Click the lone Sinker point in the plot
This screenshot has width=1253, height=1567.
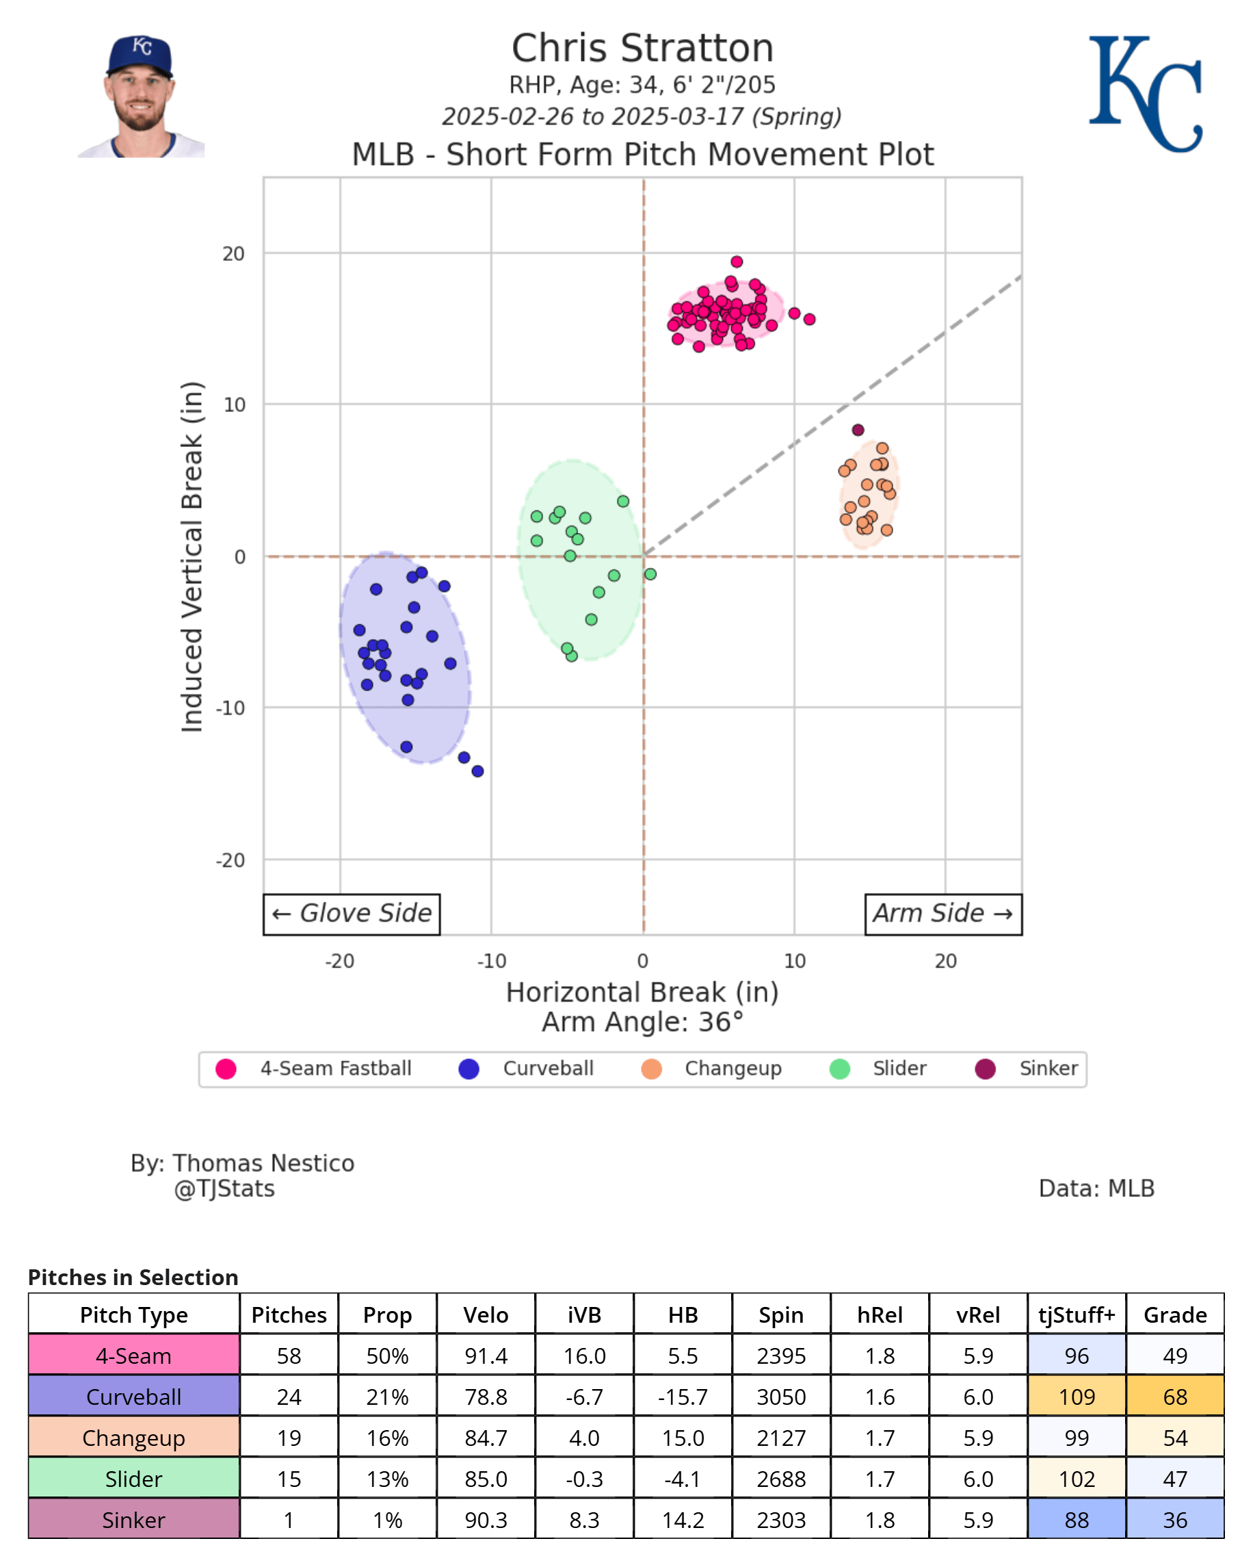[x=858, y=430]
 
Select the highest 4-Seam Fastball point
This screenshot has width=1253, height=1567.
[x=737, y=261]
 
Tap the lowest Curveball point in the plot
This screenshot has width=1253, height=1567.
[x=477, y=771]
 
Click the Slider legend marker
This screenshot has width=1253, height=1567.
[x=840, y=1069]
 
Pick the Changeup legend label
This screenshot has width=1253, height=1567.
[x=733, y=1068]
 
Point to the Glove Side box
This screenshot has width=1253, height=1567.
[x=352, y=914]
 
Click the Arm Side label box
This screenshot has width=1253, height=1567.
[x=943, y=914]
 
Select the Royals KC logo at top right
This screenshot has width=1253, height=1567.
[x=1145, y=94]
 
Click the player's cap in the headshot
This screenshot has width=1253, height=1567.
[x=140, y=55]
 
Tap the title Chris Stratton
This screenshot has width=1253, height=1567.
[x=642, y=49]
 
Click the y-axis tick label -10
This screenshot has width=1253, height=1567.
[x=230, y=708]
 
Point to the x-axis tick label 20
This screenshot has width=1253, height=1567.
[x=945, y=961]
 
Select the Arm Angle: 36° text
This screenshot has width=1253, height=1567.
[x=642, y=1022]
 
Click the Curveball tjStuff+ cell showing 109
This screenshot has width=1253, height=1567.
[x=1076, y=1397]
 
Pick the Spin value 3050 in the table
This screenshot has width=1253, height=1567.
[x=781, y=1397]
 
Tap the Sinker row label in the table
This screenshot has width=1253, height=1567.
[x=133, y=1520]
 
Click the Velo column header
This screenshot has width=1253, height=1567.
[x=485, y=1315]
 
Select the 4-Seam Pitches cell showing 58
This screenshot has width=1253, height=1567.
[x=289, y=1356]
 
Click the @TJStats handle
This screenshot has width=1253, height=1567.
[x=224, y=1189]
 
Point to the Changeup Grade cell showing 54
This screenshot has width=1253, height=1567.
[x=1174, y=1438]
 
